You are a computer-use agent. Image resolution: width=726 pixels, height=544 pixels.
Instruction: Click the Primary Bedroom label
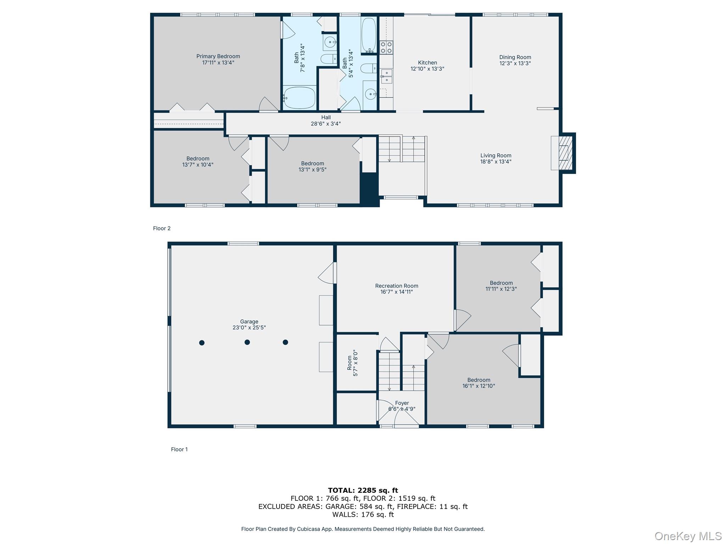pyautogui.click(x=218, y=56)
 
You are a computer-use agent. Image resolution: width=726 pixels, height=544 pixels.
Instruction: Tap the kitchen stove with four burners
pyautogui.click(x=386, y=47)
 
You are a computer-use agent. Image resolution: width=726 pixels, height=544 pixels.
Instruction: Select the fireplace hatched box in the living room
pyautogui.click(x=564, y=153)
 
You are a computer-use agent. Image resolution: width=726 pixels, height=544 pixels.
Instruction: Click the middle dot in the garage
pyautogui.click(x=247, y=342)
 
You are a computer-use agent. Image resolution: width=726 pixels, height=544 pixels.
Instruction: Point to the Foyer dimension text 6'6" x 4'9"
pyautogui.click(x=402, y=409)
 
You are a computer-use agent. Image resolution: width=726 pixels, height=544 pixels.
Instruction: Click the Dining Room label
pyautogui.click(x=515, y=57)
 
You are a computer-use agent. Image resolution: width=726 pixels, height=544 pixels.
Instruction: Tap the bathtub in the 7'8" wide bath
pyautogui.click(x=300, y=98)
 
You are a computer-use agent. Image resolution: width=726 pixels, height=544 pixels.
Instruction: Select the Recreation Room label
pyautogui.click(x=396, y=286)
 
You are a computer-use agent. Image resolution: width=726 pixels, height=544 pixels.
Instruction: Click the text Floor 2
pyautogui.click(x=162, y=228)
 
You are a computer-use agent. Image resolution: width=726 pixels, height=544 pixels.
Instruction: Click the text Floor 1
pyautogui.click(x=179, y=449)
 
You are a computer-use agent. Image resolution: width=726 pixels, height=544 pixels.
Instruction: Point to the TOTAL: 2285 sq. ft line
pyautogui.click(x=363, y=490)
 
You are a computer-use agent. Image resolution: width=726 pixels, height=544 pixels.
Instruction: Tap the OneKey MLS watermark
pyautogui.click(x=688, y=536)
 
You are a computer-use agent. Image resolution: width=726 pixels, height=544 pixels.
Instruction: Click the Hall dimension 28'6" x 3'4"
pyautogui.click(x=325, y=124)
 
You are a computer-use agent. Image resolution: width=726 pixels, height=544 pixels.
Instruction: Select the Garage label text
pyautogui.click(x=249, y=322)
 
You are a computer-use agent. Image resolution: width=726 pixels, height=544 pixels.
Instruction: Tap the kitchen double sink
pyautogui.click(x=386, y=76)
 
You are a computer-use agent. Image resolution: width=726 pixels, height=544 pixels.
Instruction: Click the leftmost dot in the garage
pyautogui.click(x=202, y=342)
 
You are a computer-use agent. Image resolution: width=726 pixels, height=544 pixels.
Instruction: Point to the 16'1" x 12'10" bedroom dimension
pyautogui.click(x=479, y=386)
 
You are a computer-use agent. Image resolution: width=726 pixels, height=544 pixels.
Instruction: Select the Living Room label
pyautogui.click(x=496, y=155)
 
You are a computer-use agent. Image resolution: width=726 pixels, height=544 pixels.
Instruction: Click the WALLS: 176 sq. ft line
pyautogui.click(x=363, y=515)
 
